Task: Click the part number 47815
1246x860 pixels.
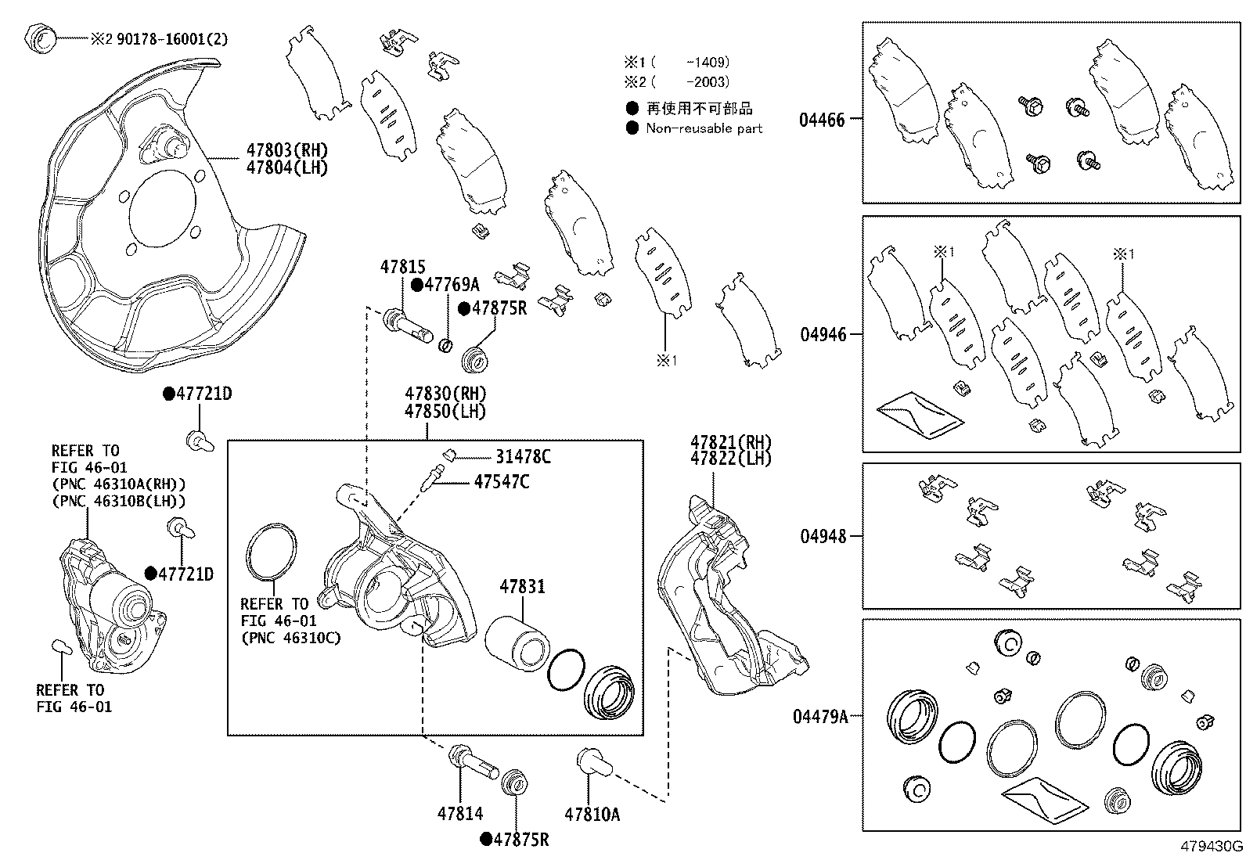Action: (x=403, y=267)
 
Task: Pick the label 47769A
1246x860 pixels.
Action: (x=451, y=285)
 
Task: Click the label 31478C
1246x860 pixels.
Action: (x=523, y=456)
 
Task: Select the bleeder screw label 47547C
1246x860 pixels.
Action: (x=501, y=481)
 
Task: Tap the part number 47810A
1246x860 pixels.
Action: (x=592, y=814)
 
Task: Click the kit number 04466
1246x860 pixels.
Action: (x=822, y=120)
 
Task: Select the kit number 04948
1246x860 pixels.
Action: (x=823, y=536)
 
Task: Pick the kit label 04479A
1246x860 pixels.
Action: (x=824, y=715)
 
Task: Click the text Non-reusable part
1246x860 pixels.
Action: (x=704, y=128)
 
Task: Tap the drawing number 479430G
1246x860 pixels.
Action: (x=1211, y=846)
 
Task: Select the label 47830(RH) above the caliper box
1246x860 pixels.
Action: (x=445, y=394)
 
